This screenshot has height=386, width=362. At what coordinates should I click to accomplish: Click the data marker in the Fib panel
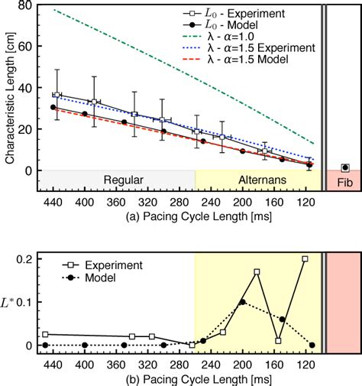pos(345,167)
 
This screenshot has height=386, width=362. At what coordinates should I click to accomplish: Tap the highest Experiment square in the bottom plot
pos(305,259)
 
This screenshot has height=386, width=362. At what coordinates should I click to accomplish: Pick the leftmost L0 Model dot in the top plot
pos(53,107)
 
